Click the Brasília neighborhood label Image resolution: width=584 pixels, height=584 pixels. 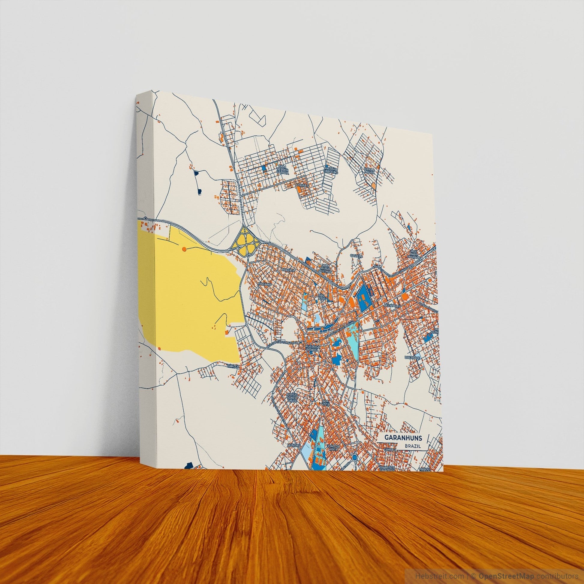click(x=287, y=269)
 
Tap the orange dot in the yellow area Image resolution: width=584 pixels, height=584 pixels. click(x=184, y=249)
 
